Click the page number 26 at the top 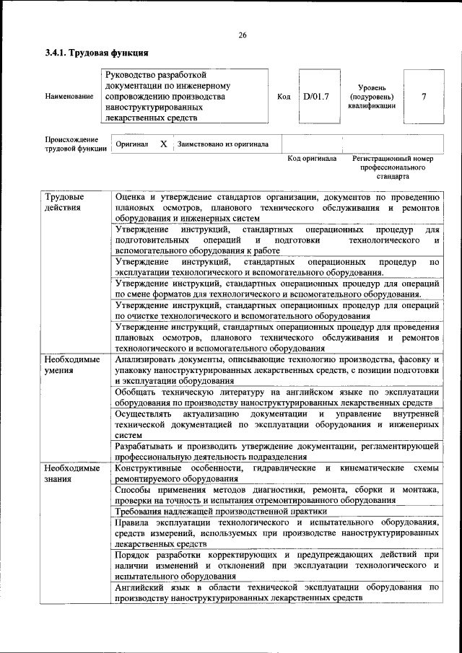point(243,35)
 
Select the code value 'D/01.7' point(315,96)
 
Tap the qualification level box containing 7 point(424,96)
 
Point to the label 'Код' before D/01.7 point(284,96)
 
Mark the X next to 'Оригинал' point(164,144)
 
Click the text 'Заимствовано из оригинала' point(223,144)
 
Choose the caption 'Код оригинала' point(312,158)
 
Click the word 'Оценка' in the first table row point(131,197)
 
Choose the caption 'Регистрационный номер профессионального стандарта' point(392,167)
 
